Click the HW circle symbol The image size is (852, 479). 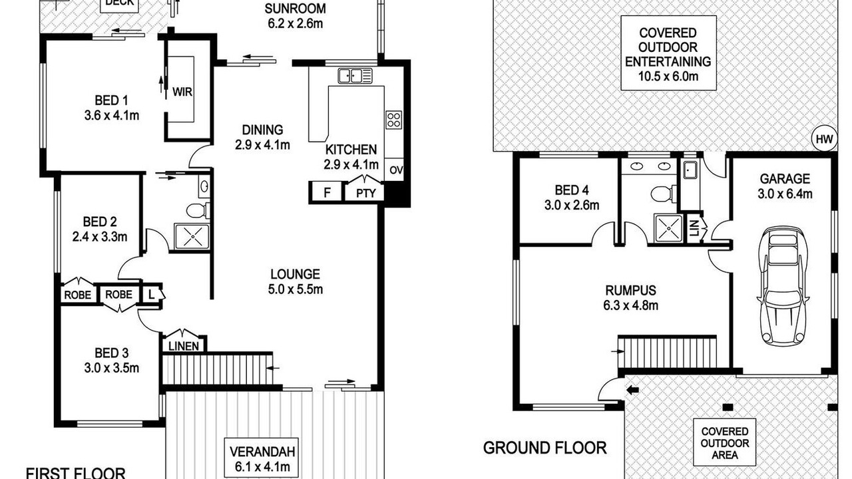click(x=825, y=139)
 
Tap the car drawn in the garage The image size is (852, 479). click(x=783, y=286)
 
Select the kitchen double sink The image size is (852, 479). click(x=355, y=76)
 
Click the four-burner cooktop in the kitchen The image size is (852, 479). click(x=393, y=120)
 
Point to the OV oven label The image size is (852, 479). click(x=396, y=170)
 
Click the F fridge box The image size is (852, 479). click(x=327, y=192)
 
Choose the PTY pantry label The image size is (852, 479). click(x=366, y=194)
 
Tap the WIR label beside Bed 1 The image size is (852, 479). click(x=182, y=92)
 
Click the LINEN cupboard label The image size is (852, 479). click(x=184, y=346)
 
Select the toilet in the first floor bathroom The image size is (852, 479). click(x=198, y=211)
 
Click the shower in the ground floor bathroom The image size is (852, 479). click(x=668, y=228)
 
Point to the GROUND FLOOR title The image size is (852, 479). click(x=544, y=448)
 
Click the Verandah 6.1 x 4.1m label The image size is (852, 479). click(x=262, y=459)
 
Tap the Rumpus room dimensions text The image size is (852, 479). click(x=630, y=305)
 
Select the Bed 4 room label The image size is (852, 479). click(x=572, y=190)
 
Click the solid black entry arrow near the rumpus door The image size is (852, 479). click(x=632, y=390)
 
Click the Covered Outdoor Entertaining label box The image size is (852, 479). click(x=668, y=53)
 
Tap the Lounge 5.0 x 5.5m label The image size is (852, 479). click(x=295, y=281)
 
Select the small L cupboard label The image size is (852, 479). click(x=151, y=294)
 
